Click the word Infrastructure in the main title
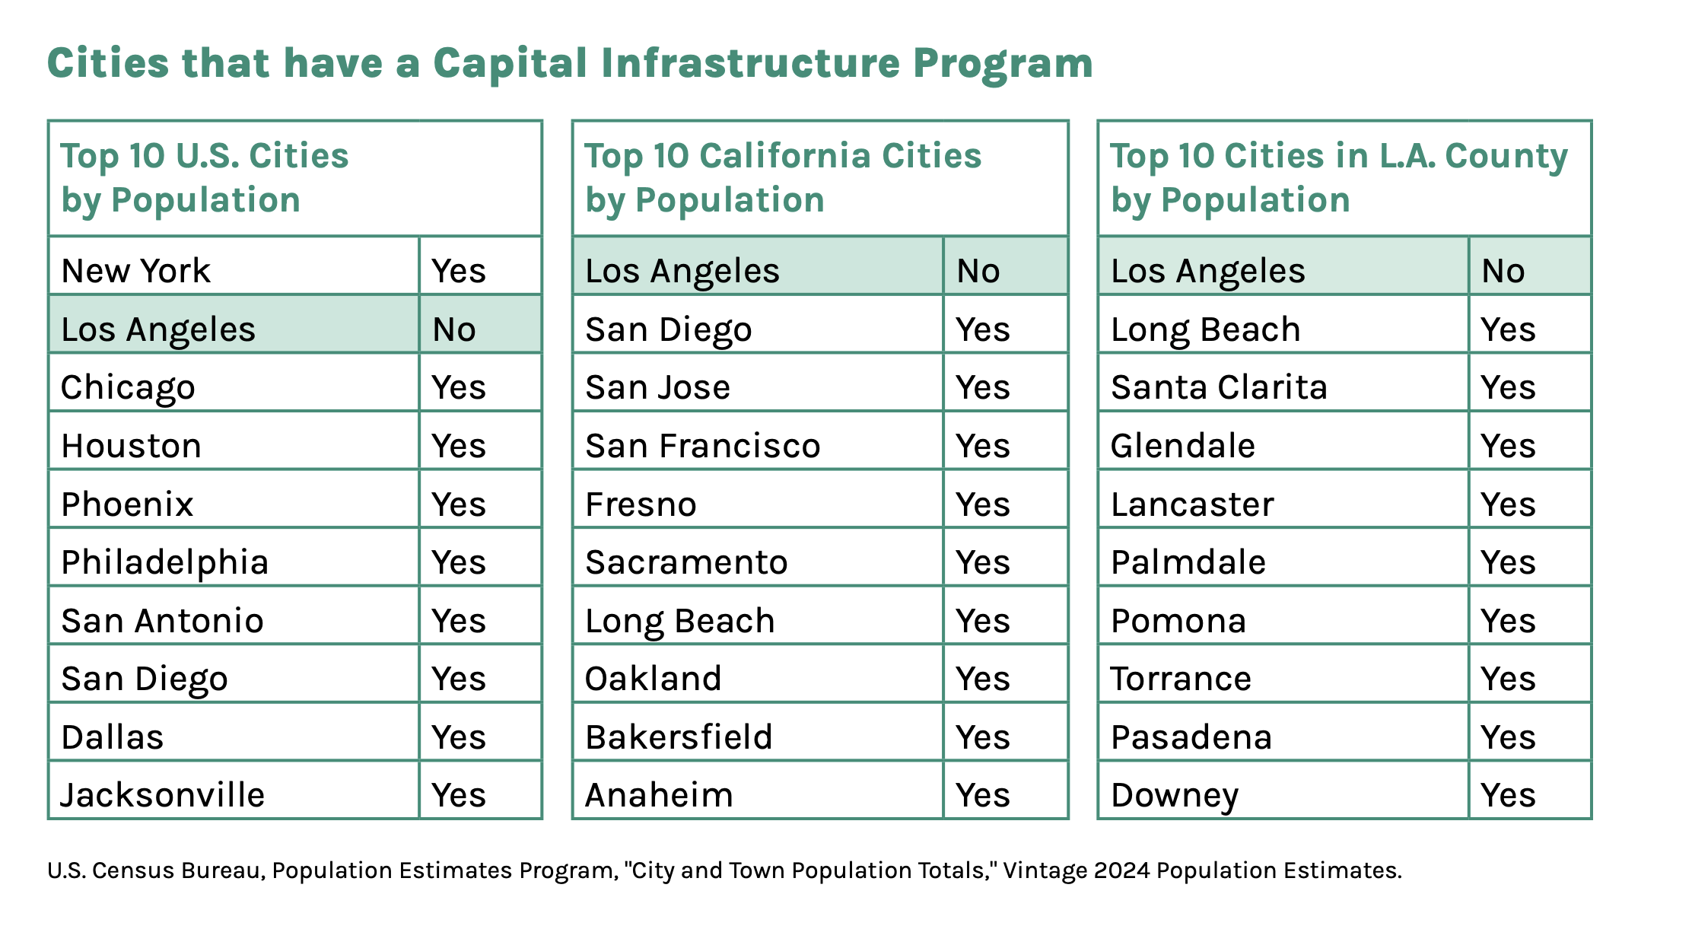tap(750, 64)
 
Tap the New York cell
tap(135, 271)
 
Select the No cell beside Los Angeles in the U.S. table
tap(454, 329)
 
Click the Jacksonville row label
tap(163, 795)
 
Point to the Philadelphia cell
tap(164, 562)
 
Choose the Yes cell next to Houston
tap(458, 446)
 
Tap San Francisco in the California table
tap(702, 446)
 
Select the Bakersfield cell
tap(679, 737)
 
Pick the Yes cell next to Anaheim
tap(982, 795)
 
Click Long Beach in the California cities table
tap(679, 621)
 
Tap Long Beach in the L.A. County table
tap(1205, 329)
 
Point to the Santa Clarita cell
tap(1219, 387)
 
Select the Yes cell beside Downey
tap(1507, 795)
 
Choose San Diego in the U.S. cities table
tap(145, 679)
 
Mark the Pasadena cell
tap(1191, 737)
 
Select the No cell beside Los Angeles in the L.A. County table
tap(1503, 271)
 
